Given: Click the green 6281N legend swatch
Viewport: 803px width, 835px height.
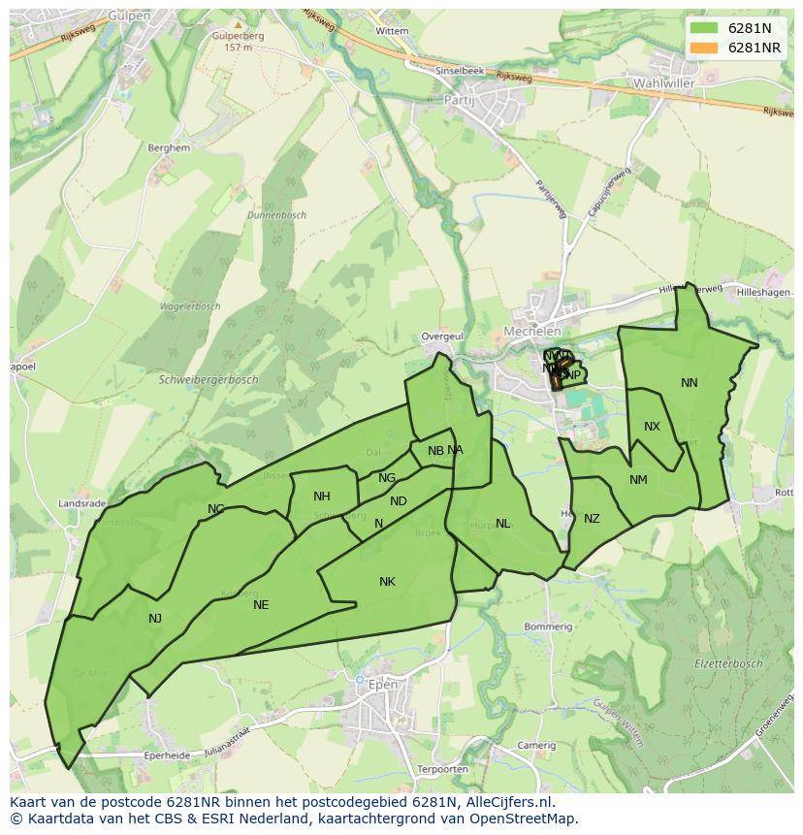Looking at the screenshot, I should pyautogui.click(x=705, y=28).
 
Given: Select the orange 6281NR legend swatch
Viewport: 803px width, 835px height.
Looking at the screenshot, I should pyautogui.click(x=705, y=48).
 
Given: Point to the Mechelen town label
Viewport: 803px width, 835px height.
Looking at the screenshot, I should pyautogui.click(x=531, y=332).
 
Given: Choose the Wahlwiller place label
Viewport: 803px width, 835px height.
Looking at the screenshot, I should pyautogui.click(x=663, y=83).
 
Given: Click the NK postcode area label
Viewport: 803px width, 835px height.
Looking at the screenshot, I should pyautogui.click(x=387, y=582).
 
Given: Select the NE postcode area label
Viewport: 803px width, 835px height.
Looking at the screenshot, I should pyautogui.click(x=261, y=605).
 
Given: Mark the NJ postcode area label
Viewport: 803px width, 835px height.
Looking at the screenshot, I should pyautogui.click(x=155, y=619).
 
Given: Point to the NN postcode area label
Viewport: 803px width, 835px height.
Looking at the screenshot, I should pyautogui.click(x=689, y=383).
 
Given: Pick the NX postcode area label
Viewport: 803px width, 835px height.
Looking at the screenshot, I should pyautogui.click(x=652, y=427).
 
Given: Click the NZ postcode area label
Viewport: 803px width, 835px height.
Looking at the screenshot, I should pyautogui.click(x=592, y=519).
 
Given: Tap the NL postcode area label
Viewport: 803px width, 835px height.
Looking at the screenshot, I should pyautogui.click(x=502, y=524).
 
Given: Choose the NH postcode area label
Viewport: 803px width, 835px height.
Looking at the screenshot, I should pyautogui.click(x=321, y=497).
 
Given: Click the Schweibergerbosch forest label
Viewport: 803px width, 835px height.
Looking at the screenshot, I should pyautogui.click(x=208, y=380).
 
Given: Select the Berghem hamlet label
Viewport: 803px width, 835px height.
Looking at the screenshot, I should pyautogui.click(x=168, y=148).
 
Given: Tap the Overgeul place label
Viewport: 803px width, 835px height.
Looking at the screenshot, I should pyautogui.click(x=442, y=337).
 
